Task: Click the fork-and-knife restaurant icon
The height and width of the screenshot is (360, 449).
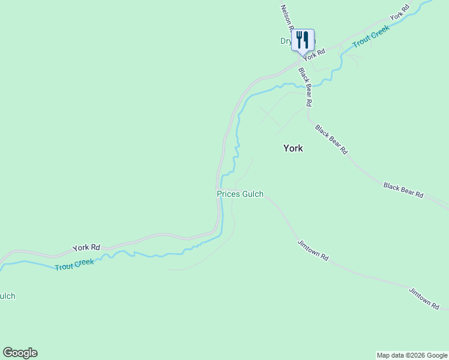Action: pos(303,40)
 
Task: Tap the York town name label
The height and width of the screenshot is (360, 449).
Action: pos(293,148)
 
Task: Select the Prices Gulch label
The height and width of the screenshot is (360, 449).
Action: pos(240,194)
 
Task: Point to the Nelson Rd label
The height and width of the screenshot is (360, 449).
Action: pos(286,18)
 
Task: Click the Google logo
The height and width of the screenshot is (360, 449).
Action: pos(20,353)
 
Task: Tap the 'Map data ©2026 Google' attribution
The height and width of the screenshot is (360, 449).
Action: pos(412,355)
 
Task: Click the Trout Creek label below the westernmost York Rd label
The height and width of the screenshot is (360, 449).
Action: pos(74,264)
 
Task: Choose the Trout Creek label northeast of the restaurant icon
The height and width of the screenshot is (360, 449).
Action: pos(371,37)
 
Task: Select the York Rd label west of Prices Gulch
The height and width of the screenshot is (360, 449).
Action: pos(86,247)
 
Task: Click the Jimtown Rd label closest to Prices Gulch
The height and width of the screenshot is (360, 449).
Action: pos(313,250)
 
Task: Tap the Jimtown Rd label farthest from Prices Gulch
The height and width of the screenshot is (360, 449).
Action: pos(424,298)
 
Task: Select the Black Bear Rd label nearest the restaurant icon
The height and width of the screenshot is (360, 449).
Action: pos(305,87)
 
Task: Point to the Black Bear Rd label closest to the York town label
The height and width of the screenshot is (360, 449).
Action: pos(331,139)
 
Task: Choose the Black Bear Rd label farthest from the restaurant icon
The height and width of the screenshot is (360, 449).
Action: pos(403,191)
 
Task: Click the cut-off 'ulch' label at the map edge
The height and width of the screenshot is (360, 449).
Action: pos(7,296)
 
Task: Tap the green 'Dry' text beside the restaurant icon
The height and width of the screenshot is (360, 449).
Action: pos(286,41)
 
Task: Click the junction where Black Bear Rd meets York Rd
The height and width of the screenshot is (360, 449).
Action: pos(298,61)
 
